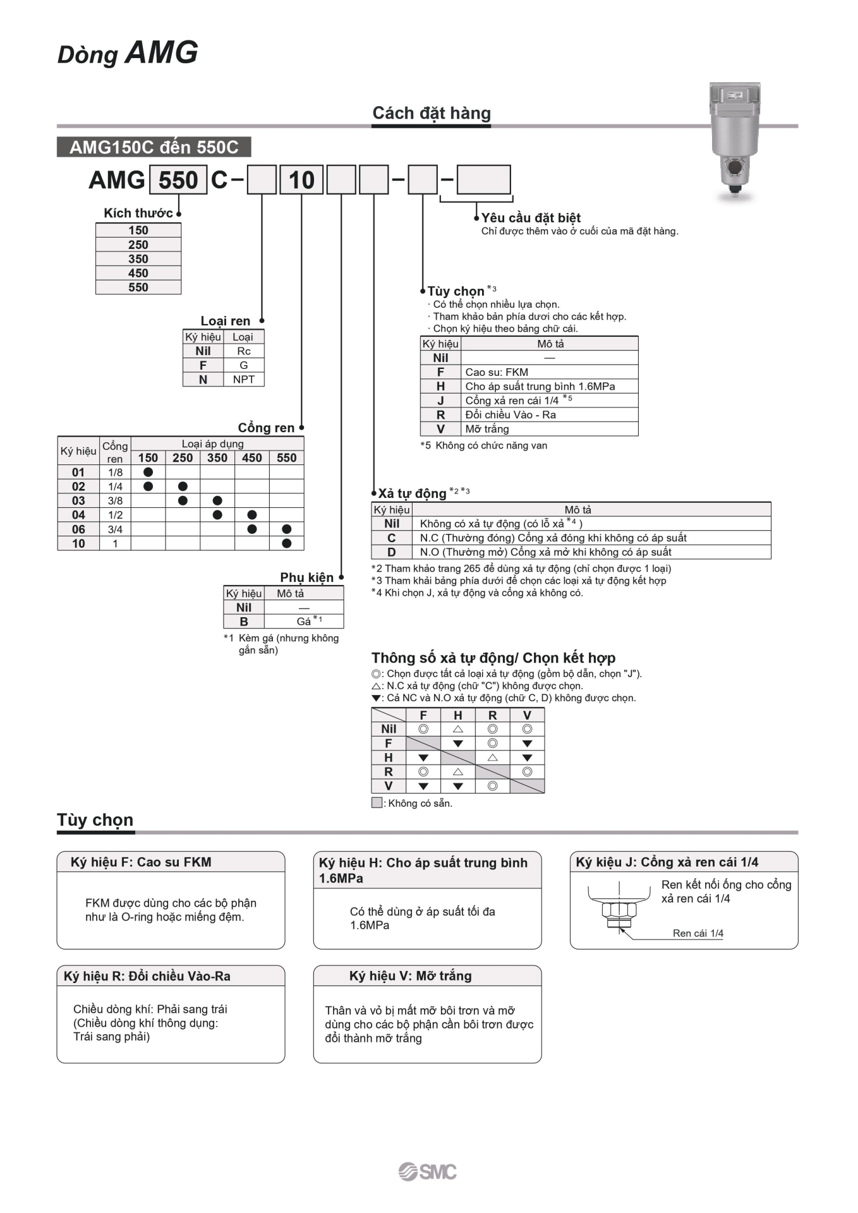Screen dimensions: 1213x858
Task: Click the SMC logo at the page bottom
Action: point(428,1171)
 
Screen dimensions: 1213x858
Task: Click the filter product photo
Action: point(734,140)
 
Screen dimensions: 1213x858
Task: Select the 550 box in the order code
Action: point(178,181)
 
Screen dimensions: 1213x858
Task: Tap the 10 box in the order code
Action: point(301,181)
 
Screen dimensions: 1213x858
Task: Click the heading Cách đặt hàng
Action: point(432,113)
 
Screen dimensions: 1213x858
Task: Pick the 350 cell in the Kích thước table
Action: point(138,259)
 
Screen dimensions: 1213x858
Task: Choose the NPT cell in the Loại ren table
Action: point(243,380)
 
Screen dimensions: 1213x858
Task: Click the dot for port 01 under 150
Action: point(148,472)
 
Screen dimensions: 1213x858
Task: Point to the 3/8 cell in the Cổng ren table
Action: point(115,501)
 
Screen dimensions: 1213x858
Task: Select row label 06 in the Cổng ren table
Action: point(78,529)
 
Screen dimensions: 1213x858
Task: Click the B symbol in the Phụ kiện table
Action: point(244,622)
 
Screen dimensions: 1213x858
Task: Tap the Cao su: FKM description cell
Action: point(497,372)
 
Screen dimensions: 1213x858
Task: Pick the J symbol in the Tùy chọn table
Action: point(440,401)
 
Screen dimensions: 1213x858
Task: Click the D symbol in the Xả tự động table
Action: point(391,552)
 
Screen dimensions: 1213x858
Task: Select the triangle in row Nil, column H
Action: point(458,729)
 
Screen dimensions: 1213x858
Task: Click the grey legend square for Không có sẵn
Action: point(377,803)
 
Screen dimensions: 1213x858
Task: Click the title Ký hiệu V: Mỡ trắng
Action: point(411,976)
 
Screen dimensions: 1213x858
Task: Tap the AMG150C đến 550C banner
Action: point(154,147)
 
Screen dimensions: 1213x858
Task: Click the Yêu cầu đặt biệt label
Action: point(531,218)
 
